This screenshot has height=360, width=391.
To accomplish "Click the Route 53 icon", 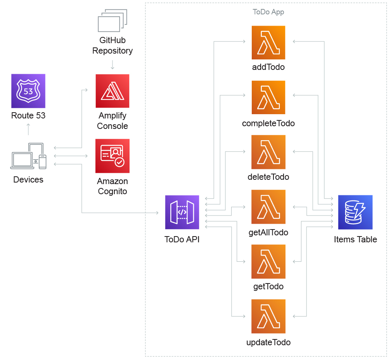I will [28, 91].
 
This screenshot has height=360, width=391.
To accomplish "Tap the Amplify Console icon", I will [112, 91].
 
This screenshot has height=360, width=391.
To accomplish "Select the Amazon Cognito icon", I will [112, 156].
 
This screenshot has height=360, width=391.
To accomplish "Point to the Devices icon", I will [28, 156].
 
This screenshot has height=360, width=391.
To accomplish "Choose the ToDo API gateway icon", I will [182, 212].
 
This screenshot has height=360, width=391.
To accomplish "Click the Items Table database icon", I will [355, 212].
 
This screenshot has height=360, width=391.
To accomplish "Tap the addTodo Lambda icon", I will [268, 43].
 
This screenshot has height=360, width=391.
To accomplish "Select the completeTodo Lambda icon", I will [268, 97].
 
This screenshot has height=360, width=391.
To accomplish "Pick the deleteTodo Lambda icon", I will [268, 152].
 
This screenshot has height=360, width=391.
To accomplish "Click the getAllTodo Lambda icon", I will [268, 207].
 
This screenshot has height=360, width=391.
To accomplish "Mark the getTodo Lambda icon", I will [268, 261].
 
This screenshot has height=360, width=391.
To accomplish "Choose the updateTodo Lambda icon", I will [268, 316].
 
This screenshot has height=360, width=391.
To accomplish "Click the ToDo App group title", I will [268, 12].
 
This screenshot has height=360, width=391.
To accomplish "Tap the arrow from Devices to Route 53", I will [28, 129].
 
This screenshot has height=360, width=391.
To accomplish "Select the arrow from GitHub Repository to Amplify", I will [112, 64].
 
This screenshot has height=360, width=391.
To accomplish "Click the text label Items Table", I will [355, 239].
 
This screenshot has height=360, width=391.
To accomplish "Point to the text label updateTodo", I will [268, 343].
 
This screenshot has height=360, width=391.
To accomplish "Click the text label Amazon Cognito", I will [112, 186].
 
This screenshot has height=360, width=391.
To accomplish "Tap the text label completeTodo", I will [268, 123].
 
